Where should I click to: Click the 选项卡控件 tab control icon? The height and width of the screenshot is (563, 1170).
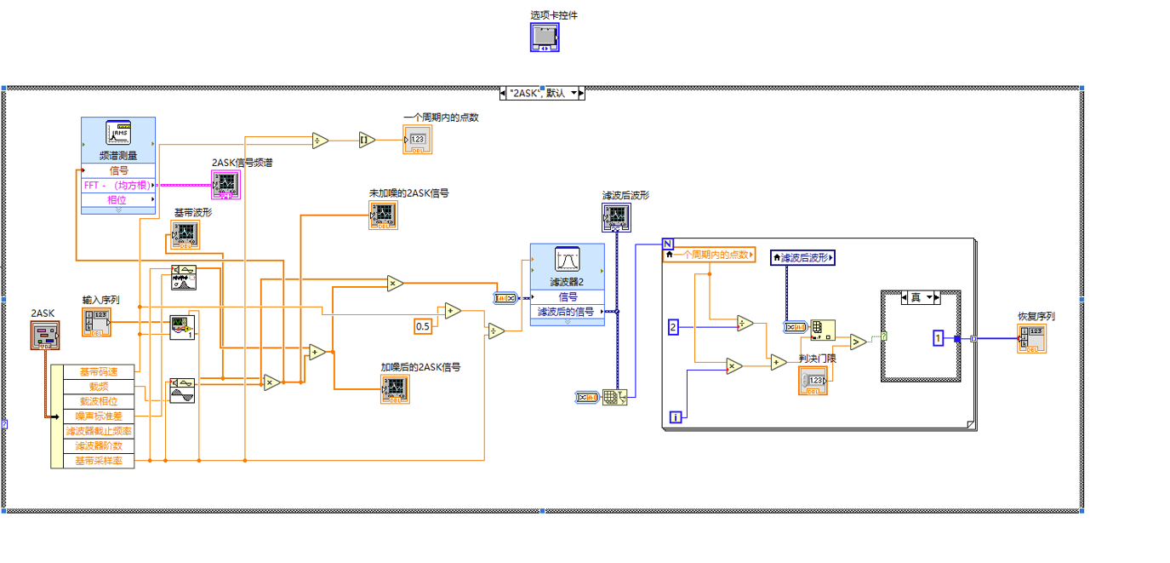545,37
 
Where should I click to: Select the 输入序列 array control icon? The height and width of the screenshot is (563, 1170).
97,323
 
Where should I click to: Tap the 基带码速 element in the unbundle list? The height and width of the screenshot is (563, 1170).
98,371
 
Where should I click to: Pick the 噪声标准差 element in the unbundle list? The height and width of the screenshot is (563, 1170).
98,416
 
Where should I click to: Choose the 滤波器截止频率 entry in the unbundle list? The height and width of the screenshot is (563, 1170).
98,431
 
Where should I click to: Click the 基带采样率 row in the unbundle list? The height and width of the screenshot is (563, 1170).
98,461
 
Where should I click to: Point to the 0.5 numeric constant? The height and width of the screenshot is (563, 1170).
422,326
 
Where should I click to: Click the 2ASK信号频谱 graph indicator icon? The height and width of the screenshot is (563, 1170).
225,184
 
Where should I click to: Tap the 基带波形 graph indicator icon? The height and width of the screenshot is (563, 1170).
185,235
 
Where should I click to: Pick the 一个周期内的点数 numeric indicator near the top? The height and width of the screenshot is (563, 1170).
417,140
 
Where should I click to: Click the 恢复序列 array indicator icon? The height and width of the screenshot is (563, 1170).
1031,338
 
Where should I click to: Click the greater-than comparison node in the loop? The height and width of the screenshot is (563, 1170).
858,342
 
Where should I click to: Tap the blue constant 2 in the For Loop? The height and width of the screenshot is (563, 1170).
672,327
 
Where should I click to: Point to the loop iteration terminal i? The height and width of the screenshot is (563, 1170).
676,417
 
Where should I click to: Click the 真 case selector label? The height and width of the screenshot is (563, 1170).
916,297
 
